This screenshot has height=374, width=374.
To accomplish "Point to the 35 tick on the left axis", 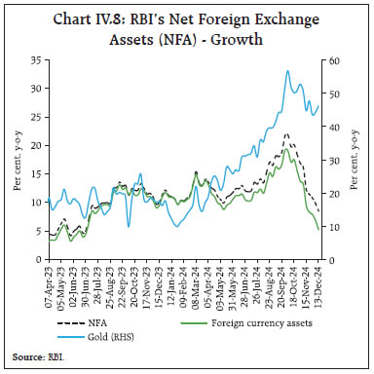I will point(36,60).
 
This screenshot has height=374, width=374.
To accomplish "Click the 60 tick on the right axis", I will point(334,60).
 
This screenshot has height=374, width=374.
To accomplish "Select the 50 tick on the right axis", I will point(334,94).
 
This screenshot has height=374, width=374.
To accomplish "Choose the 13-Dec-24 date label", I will point(318,288).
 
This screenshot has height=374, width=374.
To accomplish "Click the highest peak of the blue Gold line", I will point(287,70).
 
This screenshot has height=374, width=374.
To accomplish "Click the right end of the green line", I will point(319,229).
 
